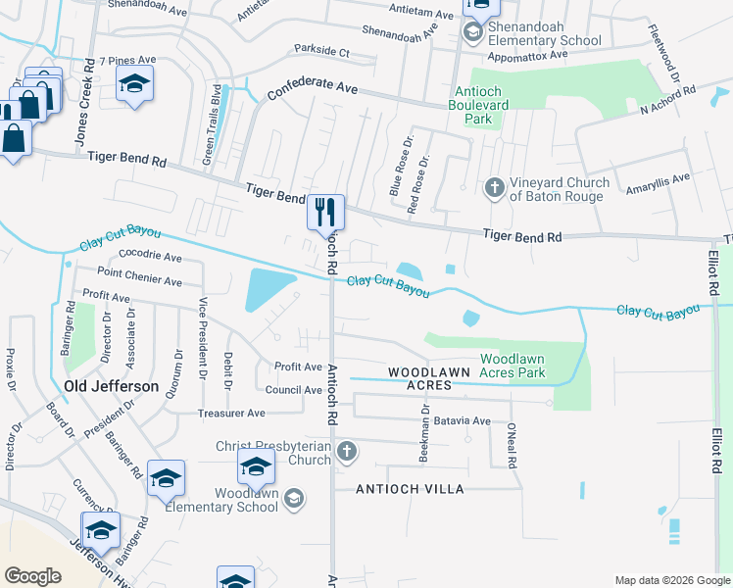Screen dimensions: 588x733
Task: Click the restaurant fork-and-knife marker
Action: coord(325,212)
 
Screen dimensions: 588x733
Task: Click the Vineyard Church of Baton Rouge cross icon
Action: coord(495,186)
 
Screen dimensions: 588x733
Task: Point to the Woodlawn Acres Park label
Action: coord(513,366)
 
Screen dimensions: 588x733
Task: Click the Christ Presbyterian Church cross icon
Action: coord(345,452)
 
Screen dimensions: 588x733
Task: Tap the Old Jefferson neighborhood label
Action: coord(111,386)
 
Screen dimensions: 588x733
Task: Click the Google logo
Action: coord(33,575)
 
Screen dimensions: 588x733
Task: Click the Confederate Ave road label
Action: coord(313,88)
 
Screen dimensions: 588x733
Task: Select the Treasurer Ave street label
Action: coord(231,414)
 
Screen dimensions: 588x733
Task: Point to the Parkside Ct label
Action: coord(322,51)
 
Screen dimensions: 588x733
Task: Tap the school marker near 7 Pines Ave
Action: coord(135,83)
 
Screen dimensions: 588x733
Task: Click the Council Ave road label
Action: coord(294,390)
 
